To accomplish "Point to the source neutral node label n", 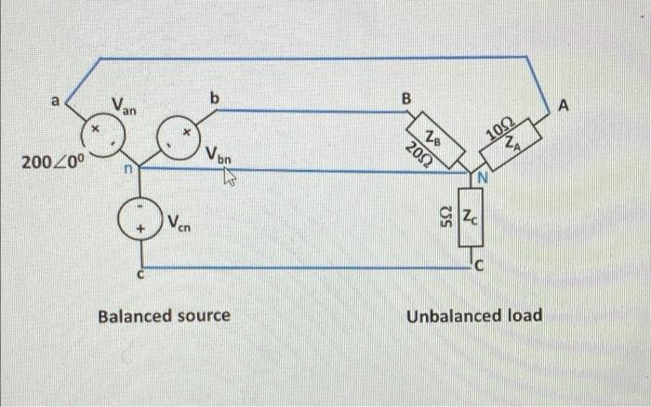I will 131,171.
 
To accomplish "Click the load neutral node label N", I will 483,177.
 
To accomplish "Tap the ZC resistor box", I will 471,221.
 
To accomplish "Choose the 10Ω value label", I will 502,128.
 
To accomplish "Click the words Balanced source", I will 164,316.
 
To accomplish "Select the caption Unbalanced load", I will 474,316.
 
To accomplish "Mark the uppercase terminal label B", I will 405,96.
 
